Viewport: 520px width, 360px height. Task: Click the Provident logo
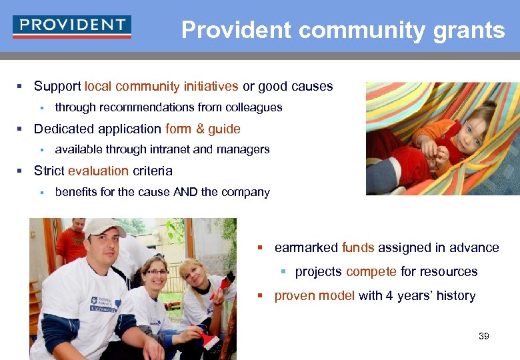72,27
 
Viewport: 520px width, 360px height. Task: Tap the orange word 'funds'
358,247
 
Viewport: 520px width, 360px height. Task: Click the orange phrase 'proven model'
314,295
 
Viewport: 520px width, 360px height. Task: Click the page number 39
484,336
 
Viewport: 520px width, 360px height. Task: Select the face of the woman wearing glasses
156,275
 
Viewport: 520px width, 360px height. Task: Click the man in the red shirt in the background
71,240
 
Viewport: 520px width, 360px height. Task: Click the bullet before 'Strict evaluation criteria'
20,171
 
